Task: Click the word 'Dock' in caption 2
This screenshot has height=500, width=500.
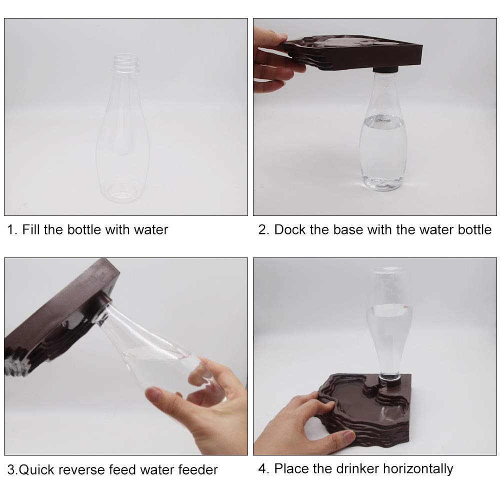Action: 290,229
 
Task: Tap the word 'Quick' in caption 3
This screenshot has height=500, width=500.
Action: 36,469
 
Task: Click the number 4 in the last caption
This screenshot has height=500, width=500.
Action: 262,468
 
